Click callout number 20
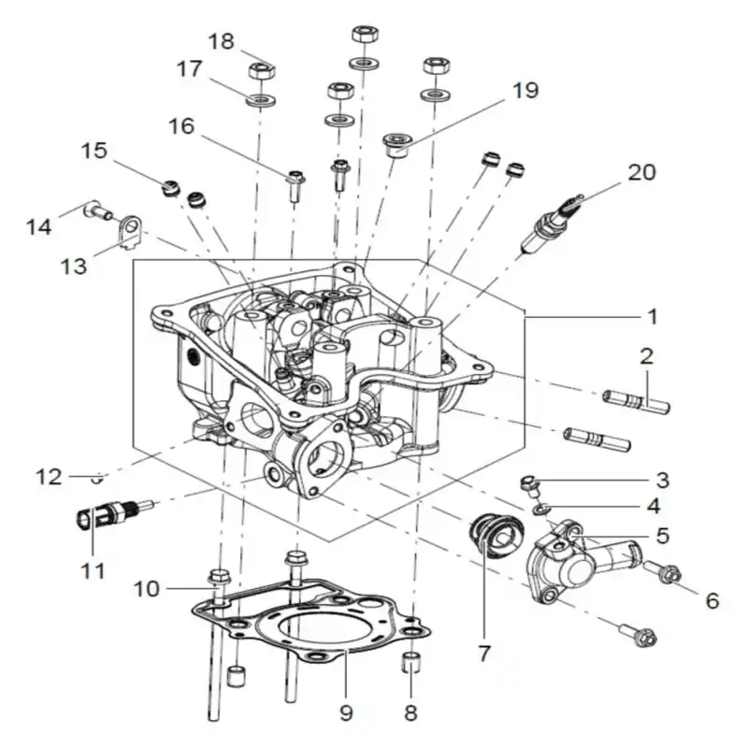[x=641, y=172]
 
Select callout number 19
[x=525, y=90]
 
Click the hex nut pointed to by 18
[x=262, y=71]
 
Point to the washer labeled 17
[x=261, y=100]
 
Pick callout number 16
[x=181, y=126]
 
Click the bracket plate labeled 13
[x=130, y=232]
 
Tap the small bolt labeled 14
[x=98, y=210]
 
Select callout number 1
[x=652, y=317]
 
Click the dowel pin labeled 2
[x=636, y=402]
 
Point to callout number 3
[x=663, y=481]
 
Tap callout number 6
[x=712, y=601]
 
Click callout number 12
[x=49, y=477]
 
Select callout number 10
[x=147, y=589]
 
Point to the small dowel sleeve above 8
[x=412, y=662]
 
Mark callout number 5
[x=663, y=536]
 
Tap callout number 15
[x=94, y=151]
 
